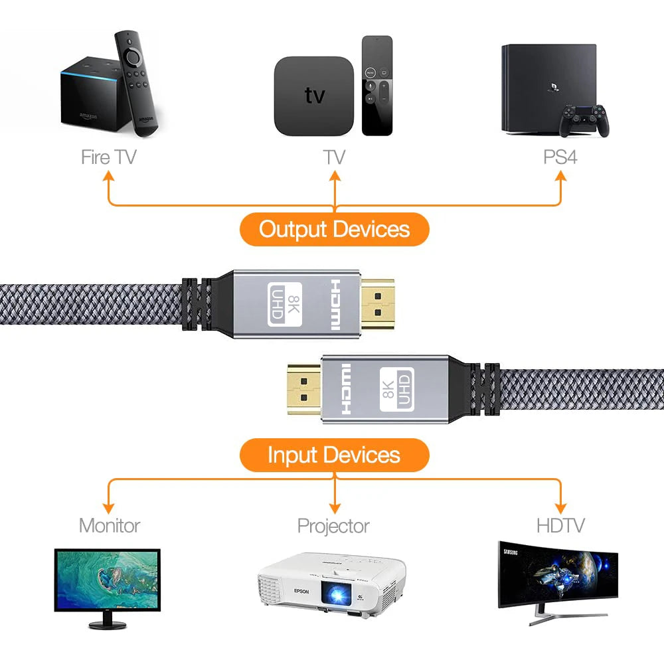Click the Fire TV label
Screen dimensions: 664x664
click(x=108, y=157)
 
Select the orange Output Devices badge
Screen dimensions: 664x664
click(x=334, y=229)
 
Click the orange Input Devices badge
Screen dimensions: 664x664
click(x=334, y=455)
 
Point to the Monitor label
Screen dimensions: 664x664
click(x=110, y=525)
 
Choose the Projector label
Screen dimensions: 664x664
click(x=333, y=526)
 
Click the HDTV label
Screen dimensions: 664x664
click(x=560, y=525)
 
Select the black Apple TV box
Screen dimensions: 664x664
click(x=314, y=94)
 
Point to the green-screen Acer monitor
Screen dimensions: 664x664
click(x=107, y=579)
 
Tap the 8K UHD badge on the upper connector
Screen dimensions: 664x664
click(x=285, y=304)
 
